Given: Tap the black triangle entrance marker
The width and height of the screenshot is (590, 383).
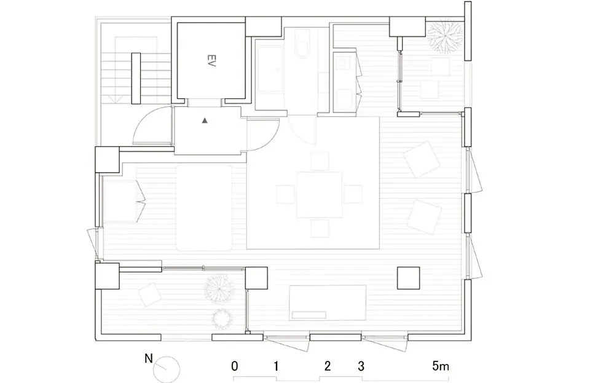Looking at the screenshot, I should (205, 122).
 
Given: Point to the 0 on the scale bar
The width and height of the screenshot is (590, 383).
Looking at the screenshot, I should (235, 366).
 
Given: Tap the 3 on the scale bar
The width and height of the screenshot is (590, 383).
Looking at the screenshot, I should (361, 366).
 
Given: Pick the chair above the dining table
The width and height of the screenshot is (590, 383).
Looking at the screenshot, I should (320, 161).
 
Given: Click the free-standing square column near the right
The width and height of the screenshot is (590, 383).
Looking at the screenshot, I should (409, 278).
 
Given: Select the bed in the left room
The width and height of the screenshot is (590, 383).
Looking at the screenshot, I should (203, 207).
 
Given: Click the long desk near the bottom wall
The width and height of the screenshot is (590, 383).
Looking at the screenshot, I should (328, 302).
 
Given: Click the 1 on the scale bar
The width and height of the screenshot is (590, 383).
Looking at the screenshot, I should (277, 366).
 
